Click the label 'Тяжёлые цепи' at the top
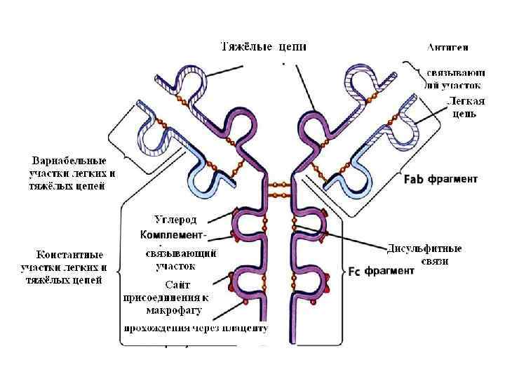[264, 47]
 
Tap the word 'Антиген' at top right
[448, 48]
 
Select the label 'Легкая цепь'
[464, 107]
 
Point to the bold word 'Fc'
[355, 271]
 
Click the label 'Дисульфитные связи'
[424, 255]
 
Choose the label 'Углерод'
[180, 220]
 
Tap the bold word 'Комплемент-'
[173, 234]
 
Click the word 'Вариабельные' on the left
[69, 159]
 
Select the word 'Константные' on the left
[70, 254]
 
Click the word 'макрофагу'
[174, 309]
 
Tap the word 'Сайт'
[177, 284]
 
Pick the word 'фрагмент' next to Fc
[390, 271]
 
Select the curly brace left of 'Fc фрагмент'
[342, 270]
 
